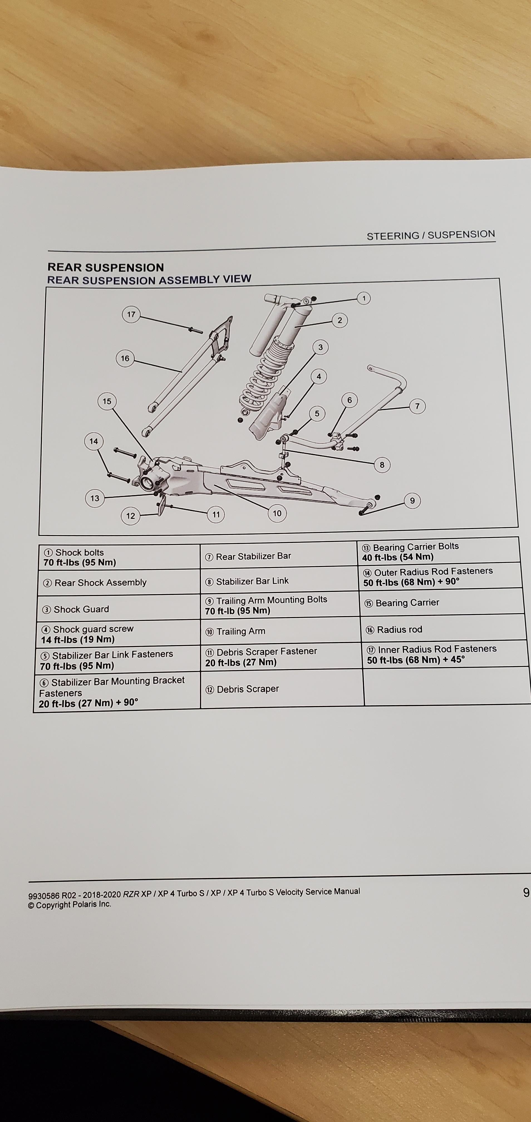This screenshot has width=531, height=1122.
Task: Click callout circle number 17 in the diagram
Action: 131,314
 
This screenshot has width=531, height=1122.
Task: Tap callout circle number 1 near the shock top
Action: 364,298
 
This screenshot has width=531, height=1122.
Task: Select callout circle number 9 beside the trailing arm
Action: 412,500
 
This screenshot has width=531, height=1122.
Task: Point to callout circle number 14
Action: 94,441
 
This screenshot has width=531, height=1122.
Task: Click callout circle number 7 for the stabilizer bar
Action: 417,406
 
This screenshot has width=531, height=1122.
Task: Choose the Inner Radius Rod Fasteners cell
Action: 442,654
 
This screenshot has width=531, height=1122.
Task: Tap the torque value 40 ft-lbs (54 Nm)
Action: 398,557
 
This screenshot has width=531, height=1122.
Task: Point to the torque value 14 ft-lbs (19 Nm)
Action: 78,639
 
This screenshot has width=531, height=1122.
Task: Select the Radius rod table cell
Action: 442,629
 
